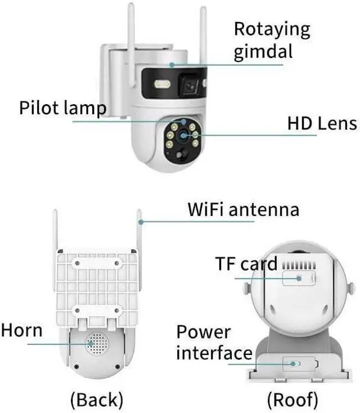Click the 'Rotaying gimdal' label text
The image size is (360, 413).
(x=271, y=39)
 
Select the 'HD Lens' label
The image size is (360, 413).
(x=322, y=124)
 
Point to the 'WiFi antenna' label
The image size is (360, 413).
(x=243, y=210)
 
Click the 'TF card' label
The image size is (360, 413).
(x=246, y=263)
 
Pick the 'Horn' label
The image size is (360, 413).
(x=21, y=330)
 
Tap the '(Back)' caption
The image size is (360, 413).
(x=97, y=399)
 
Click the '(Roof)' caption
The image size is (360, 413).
(x=292, y=399)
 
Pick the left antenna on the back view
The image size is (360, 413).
(x=55, y=234)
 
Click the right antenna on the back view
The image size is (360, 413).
(x=138, y=234)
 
